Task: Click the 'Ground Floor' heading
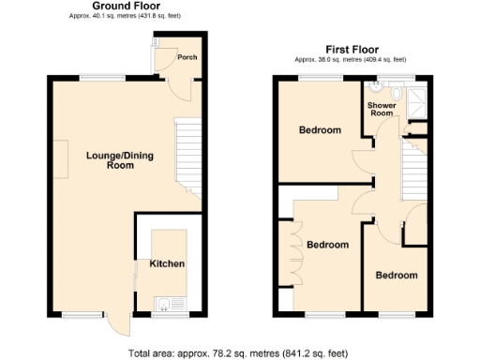pos(125,7)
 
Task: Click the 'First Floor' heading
pos(352,49)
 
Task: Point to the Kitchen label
pos(168,263)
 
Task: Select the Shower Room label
pos(381,110)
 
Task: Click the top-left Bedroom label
pos(320,130)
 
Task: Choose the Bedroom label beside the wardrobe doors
pos(328,245)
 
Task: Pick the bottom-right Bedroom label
pos(397,275)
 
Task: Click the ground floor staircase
pos(189,150)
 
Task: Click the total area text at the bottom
pos(238,352)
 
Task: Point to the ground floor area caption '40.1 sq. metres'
pos(125,17)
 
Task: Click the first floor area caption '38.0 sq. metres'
pos(352,60)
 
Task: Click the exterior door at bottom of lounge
pos(117,323)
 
